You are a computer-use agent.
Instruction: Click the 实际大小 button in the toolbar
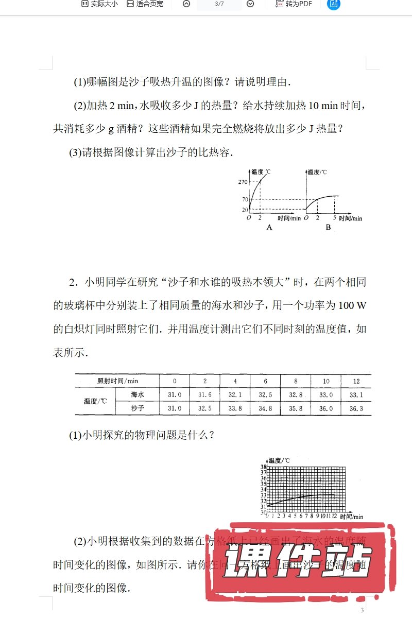pos(99,4)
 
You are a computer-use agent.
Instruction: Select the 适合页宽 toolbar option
pos(145,4)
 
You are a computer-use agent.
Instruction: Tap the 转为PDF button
pos(294,4)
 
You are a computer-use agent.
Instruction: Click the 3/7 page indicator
pos(219,4)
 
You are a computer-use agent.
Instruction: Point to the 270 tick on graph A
pos(243,182)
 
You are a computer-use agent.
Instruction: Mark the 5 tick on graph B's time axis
pos(334,218)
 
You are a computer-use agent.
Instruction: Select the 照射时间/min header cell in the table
pos(117,381)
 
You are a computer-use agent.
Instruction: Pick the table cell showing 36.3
pos(356,408)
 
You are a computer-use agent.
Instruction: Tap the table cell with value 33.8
pos(235,408)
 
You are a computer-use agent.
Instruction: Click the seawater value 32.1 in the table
pos(235,394)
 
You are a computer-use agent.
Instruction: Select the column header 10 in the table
pos(326,381)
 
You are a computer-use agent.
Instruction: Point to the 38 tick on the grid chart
pos(263,467)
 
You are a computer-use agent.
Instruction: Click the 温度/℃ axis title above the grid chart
pos(280,460)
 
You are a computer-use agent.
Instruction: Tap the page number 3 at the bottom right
pos(362,610)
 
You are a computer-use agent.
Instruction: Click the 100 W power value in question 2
pos(353,305)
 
